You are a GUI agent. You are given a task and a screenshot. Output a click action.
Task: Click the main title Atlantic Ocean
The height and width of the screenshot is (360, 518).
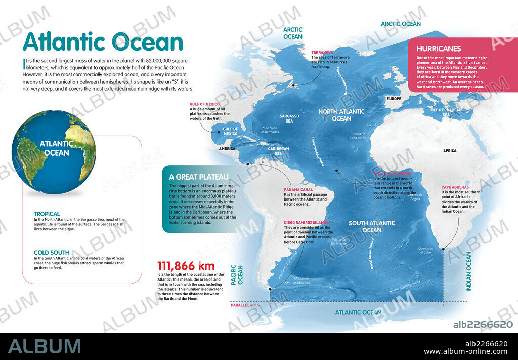pos(103,42)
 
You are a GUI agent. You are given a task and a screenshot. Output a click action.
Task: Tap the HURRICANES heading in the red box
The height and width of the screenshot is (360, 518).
pos(439,49)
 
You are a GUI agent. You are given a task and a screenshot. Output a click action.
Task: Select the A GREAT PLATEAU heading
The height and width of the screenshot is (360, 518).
pos(199,177)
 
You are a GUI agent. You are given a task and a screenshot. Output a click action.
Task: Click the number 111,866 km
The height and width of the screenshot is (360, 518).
pos(186,266)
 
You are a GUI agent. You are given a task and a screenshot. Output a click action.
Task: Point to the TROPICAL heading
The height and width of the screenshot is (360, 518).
pos(47,214)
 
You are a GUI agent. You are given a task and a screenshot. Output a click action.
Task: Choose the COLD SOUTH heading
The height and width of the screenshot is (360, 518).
pos(52,252)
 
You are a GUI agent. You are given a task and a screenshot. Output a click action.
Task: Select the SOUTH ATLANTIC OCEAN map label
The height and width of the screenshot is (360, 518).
pos(372,226)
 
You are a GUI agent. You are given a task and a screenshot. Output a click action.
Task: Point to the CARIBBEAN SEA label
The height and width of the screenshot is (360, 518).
pos(278,151)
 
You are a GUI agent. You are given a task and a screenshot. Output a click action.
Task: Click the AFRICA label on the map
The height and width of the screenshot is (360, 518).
pos(449,151)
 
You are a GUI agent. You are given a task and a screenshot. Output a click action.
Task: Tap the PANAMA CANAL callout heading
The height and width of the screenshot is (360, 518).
pos(297,189)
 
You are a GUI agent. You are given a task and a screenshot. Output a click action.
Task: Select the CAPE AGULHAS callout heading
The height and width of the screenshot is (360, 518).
pos(455,187)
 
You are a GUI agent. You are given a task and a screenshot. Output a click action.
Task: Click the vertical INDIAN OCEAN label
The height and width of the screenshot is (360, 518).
pos(468,271)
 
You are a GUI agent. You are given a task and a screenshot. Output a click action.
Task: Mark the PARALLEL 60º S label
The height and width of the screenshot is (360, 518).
pos(245,305)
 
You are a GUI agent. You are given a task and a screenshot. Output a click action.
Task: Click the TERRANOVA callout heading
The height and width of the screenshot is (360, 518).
pos(322,52)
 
